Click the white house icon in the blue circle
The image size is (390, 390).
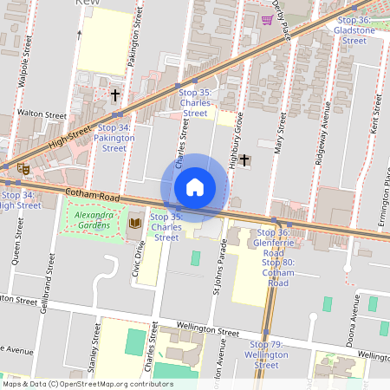(195, 187)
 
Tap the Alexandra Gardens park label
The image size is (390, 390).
(93, 220)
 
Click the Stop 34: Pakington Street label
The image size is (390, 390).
(113, 138)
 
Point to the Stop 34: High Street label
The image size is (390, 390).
(19, 199)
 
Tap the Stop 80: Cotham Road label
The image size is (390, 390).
(278, 273)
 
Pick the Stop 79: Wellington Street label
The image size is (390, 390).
(265, 354)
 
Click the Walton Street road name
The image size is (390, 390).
(42, 114)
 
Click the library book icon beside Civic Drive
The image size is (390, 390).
(134, 224)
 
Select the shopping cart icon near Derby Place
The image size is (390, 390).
(268, 19)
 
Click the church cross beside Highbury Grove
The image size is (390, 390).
(245, 159)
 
